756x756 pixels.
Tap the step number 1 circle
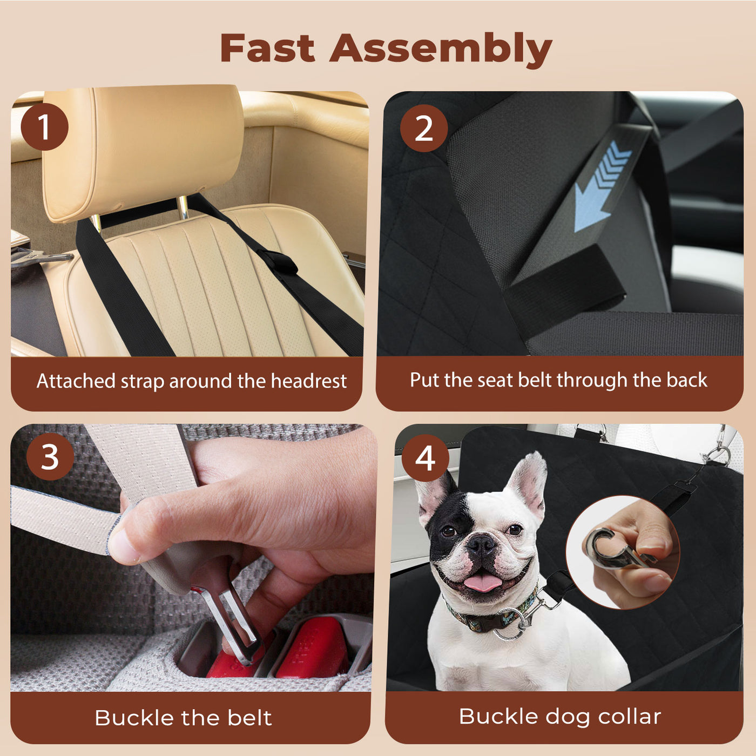click(x=44, y=127)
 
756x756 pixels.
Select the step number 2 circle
click(x=424, y=129)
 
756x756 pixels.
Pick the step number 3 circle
click(x=50, y=457)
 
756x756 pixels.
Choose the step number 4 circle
click(x=425, y=458)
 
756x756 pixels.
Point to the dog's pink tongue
click(x=482, y=583)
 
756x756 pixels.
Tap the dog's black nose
click(x=481, y=545)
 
